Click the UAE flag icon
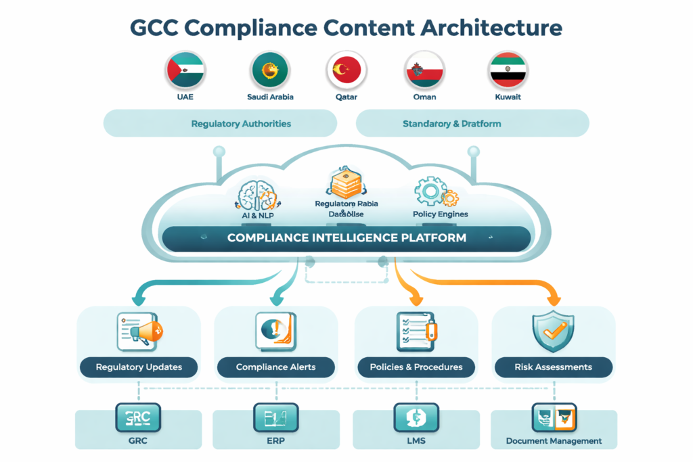(185, 70)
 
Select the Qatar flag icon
(346, 70)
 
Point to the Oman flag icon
(424, 70)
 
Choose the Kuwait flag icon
(508, 70)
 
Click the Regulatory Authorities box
(220, 124)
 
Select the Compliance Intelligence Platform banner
(346, 238)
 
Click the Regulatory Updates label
(139, 367)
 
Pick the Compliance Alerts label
(275, 367)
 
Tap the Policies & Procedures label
(416, 367)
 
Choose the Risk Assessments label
(553, 367)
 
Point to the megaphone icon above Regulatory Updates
(140, 331)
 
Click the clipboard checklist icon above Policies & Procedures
(415, 331)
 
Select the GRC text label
(138, 440)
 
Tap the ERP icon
(275, 417)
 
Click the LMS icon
(416, 417)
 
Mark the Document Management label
(554, 441)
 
